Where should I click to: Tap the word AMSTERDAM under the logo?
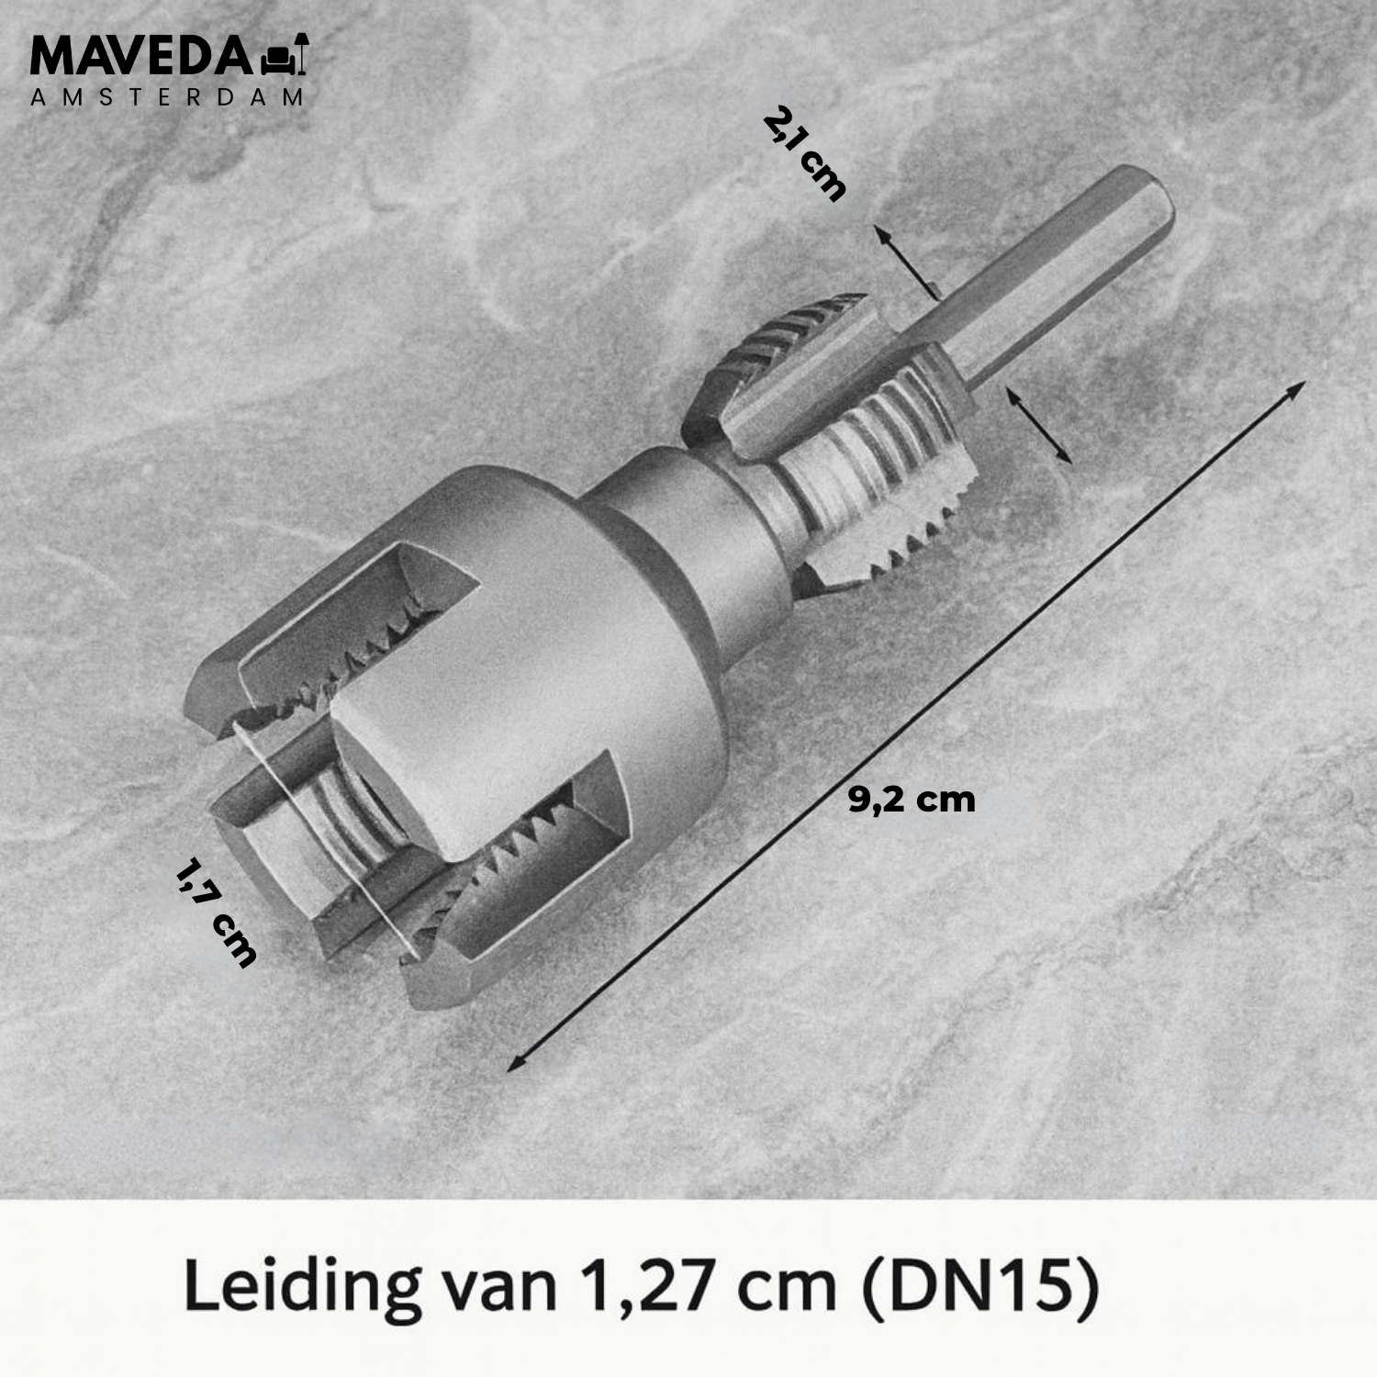click(x=167, y=97)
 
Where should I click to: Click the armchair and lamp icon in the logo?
click(x=285, y=55)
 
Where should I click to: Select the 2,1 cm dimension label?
click(x=805, y=153)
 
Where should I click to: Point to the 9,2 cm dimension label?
click(x=912, y=800)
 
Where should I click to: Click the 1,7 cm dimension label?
click(x=216, y=912)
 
